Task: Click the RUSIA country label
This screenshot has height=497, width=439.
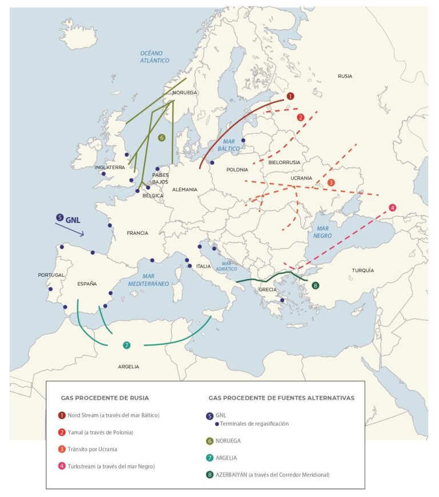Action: point(345,76)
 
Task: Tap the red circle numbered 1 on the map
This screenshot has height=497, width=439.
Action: point(290,97)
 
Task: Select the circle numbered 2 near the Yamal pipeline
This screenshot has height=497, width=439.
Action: point(301,117)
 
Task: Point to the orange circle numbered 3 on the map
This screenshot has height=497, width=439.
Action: point(331,183)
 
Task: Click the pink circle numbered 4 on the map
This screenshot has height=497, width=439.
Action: point(392,208)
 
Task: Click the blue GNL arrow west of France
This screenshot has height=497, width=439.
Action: point(69,229)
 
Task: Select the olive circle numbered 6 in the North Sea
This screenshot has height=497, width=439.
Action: point(161,137)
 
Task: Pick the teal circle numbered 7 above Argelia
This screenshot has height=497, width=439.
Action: point(127,345)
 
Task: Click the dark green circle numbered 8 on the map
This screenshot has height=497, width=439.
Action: point(316,285)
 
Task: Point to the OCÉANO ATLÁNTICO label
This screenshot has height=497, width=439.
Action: point(155,57)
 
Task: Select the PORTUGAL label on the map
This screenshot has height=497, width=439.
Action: point(51,275)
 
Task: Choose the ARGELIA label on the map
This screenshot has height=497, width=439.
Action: point(128,367)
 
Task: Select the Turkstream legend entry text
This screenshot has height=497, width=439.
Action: point(112,466)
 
